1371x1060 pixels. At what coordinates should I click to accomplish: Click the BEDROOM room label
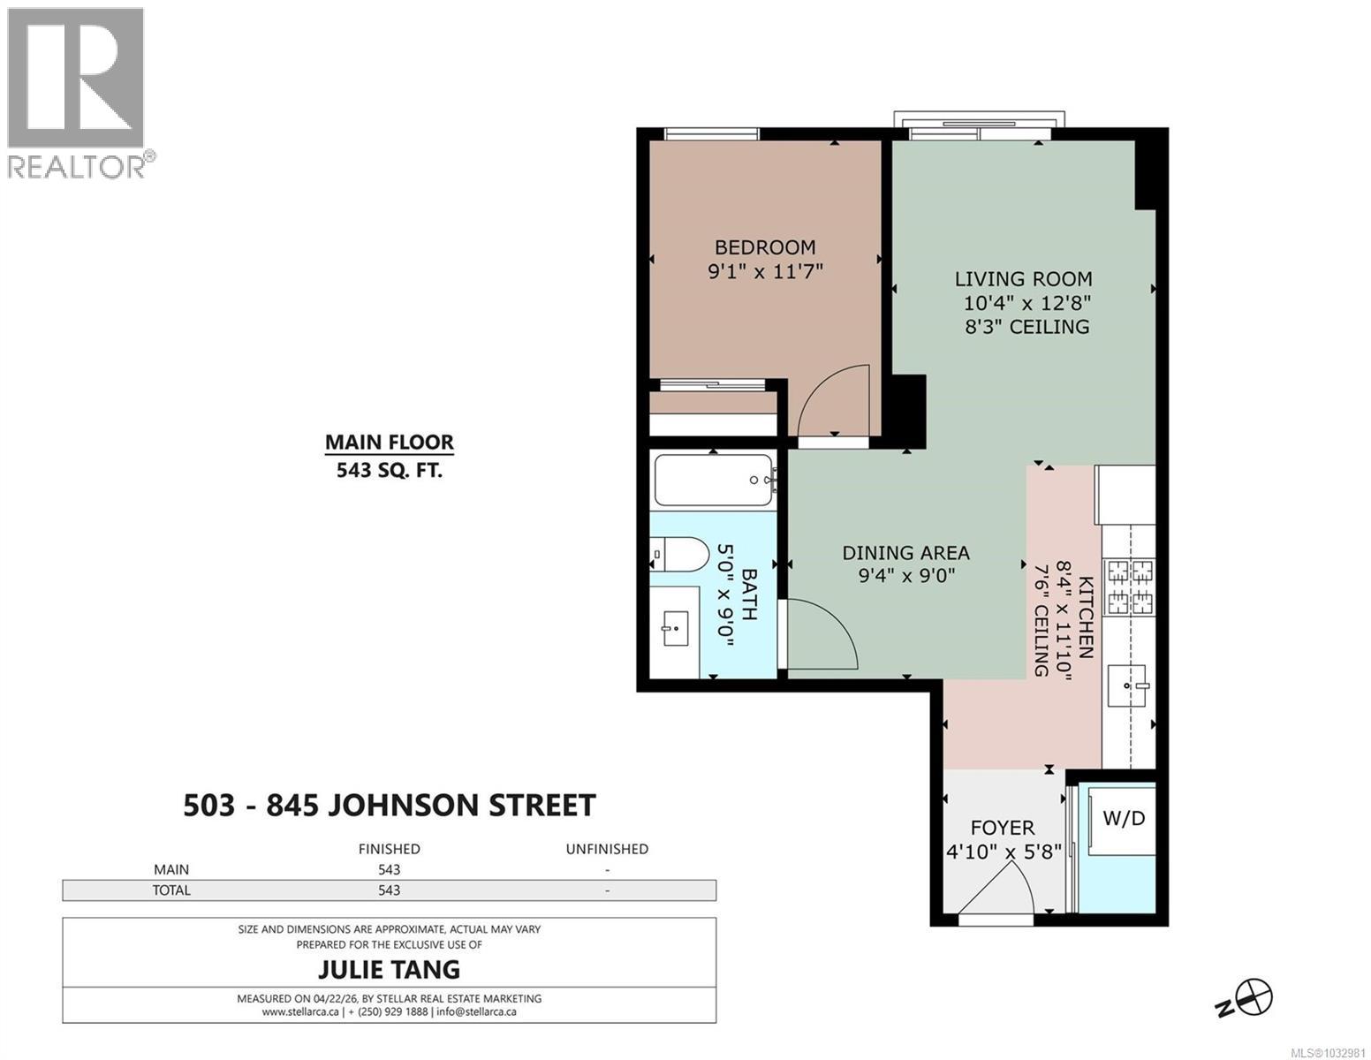click(765, 247)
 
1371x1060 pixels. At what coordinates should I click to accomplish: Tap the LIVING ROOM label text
click(1023, 279)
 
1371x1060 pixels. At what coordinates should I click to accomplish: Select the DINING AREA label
click(905, 553)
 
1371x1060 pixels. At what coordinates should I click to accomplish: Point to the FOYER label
click(1002, 828)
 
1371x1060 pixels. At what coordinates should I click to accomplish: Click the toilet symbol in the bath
click(681, 556)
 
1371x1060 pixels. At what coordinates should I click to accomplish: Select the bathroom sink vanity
click(675, 628)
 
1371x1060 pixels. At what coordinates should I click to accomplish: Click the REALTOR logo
click(76, 93)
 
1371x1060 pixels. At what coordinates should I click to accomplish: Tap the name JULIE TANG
click(389, 969)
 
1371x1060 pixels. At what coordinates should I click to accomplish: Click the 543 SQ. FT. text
click(389, 470)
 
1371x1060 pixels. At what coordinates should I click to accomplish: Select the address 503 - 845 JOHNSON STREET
click(389, 806)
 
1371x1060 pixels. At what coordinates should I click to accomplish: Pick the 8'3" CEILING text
click(1027, 327)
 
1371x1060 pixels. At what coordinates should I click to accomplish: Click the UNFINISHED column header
click(607, 849)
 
